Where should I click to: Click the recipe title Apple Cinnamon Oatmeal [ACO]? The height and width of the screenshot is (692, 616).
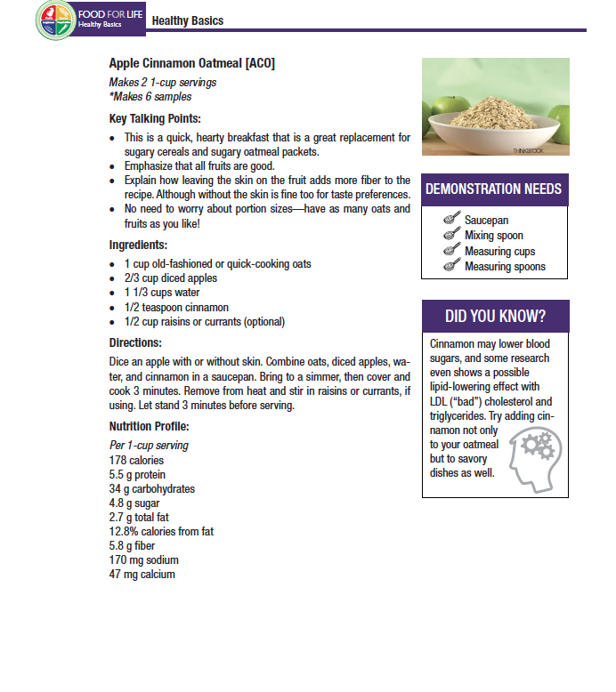pyautogui.click(x=191, y=63)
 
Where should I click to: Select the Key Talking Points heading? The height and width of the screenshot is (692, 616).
pyautogui.click(x=154, y=119)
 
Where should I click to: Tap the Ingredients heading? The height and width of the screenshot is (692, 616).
pyautogui.click(x=138, y=245)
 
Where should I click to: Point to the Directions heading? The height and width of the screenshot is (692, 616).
pyautogui.click(x=135, y=342)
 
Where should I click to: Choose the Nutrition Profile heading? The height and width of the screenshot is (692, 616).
pyautogui.click(x=149, y=426)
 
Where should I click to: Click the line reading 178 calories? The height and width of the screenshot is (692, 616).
pyautogui.click(x=136, y=461)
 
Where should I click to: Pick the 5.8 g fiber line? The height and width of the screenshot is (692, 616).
pyautogui.click(x=134, y=546)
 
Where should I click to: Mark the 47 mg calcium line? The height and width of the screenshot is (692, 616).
pyautogui.click(x=142, y=575)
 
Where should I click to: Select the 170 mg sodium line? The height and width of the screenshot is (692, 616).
pyautogui.click(x=143, y=560)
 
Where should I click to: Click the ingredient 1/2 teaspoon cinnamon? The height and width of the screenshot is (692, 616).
pyautogui.click(x=176, y=307)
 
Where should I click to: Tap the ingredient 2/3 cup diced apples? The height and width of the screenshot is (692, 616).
pyautogui.click(x=170, y=278)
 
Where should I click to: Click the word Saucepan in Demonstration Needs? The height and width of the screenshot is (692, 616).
pyautogui.click(x=487, y=220)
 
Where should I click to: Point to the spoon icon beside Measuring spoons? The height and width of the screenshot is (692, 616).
pyautogui.click(x=451, y=266)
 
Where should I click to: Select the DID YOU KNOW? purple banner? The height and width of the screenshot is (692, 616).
pyautogui.click(x=495, y=317)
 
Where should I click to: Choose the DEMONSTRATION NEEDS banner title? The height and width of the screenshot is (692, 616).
pyautogui.click(x=493, y=189)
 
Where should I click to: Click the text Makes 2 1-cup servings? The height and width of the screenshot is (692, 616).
pyautogui.click(x=163, y=83)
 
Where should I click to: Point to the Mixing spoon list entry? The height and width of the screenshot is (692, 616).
pyautogui.click(x=494, y=236)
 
